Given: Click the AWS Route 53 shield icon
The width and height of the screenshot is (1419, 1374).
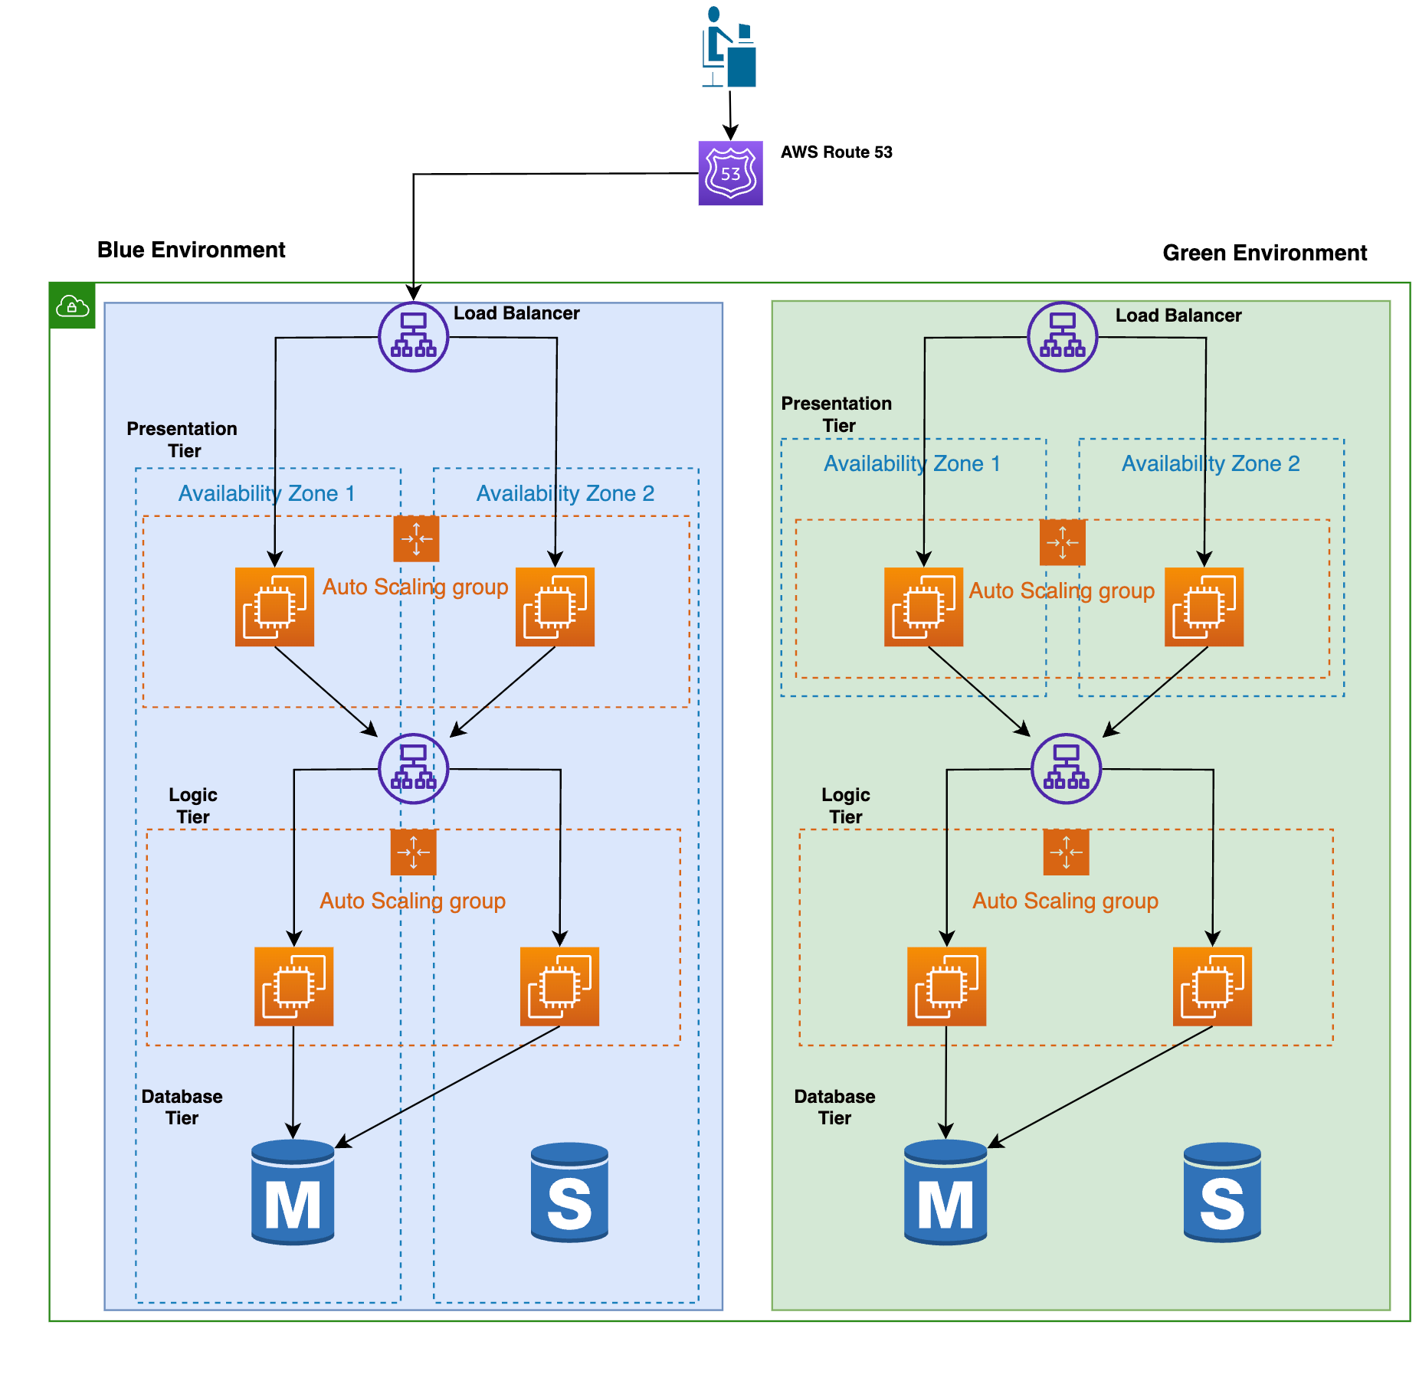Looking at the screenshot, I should (729, 173).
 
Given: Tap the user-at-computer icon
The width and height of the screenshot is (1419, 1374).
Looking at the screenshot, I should (729, 47).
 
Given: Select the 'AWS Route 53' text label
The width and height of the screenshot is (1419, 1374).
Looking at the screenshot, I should (836, 152).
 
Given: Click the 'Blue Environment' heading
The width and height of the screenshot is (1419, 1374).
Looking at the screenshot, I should (191, 250).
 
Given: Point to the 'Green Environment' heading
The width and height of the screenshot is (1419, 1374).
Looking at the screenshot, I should (1263, 253).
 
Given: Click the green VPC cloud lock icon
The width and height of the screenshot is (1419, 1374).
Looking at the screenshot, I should (73, 306).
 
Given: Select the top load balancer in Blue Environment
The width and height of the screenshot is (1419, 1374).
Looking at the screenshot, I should (413, 337).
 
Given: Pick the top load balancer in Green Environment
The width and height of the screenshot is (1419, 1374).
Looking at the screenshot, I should (1061, 337).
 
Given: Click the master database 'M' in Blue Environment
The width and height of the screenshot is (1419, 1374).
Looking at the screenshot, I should (293, 1192).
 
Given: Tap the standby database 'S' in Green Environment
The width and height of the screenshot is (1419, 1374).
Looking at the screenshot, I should (1221, 1192).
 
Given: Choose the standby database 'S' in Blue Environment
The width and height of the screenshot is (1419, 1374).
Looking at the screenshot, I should (569, 1192).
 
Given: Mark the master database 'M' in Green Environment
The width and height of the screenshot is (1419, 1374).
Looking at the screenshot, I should (945, 1192).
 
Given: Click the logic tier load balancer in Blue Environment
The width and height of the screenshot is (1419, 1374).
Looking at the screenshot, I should (413, 768).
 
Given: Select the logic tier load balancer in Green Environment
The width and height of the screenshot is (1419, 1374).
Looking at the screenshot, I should (1065, 768).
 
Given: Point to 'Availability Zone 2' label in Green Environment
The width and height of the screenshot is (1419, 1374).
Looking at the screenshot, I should (1210, 463).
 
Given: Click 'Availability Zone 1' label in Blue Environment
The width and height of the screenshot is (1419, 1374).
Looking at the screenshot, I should (267, 493).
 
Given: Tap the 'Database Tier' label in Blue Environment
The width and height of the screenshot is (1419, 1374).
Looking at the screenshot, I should (182, 1107).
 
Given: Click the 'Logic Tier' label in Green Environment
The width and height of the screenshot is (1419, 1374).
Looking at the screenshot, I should (845, 806).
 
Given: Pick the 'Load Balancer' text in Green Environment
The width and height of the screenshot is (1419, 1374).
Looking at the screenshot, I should (1178, 316).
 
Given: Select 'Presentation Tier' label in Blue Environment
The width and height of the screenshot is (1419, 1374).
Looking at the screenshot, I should (182, 440).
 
